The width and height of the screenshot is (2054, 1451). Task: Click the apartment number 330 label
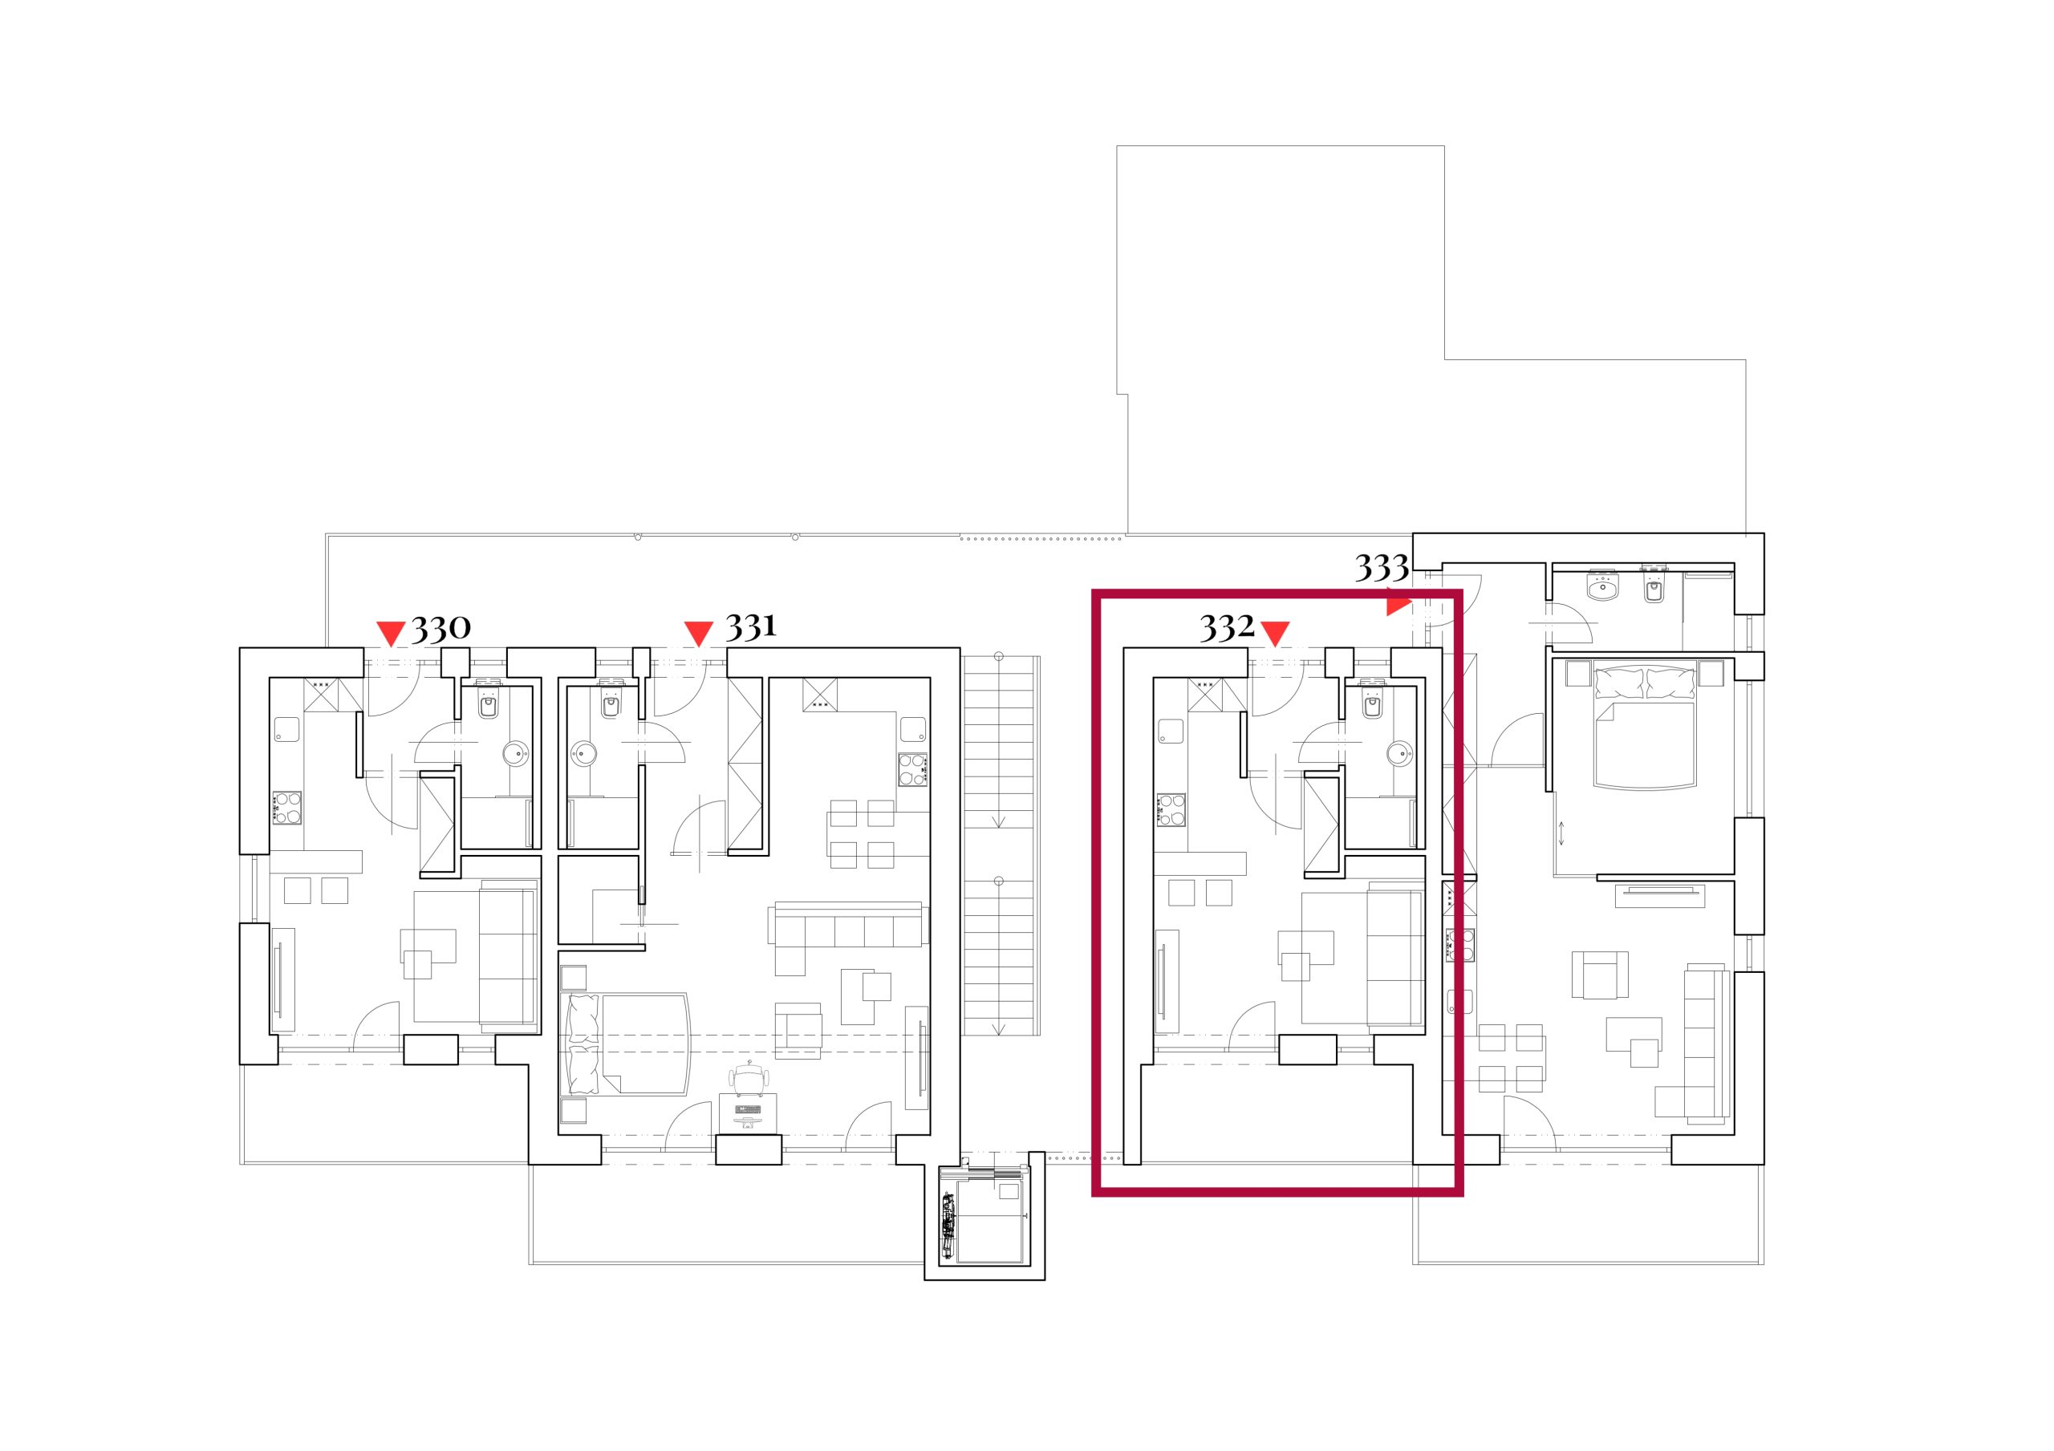[441, 628]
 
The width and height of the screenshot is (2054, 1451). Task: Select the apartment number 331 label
[750, 626]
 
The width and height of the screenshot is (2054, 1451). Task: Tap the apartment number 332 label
[1228, 628]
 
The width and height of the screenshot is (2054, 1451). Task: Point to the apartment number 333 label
[1382, 567]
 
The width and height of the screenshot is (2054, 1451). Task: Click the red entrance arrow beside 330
[390, 634]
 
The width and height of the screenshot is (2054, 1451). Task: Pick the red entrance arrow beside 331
[698, 634]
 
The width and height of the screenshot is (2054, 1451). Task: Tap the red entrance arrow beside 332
[1275, 634]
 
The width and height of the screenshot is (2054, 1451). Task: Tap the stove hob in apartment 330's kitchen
[287, 808]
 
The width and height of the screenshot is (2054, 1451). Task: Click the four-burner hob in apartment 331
[913, 770]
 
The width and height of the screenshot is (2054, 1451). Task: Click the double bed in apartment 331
[628, 1044]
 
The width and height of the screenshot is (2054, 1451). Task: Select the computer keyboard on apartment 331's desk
[749, 1110]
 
